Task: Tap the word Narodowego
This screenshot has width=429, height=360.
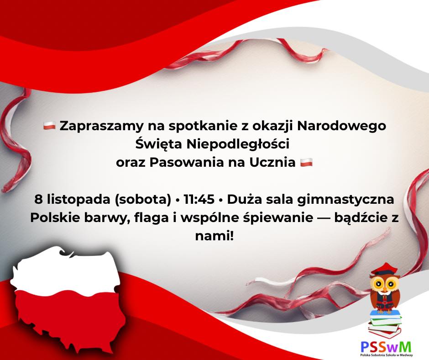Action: coord(341,126)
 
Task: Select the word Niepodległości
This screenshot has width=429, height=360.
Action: coord(238,144)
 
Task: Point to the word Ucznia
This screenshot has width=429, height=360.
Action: coord(272,163)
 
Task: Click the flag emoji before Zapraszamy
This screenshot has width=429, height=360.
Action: coord(50,126)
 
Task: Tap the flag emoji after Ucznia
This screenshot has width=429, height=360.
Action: coord(306,163)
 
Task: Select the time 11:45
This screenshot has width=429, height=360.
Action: coord(199,200)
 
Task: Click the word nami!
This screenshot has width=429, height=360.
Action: coord(214,236)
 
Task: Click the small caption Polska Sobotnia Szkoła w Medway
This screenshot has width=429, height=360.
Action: coord(386,355)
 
